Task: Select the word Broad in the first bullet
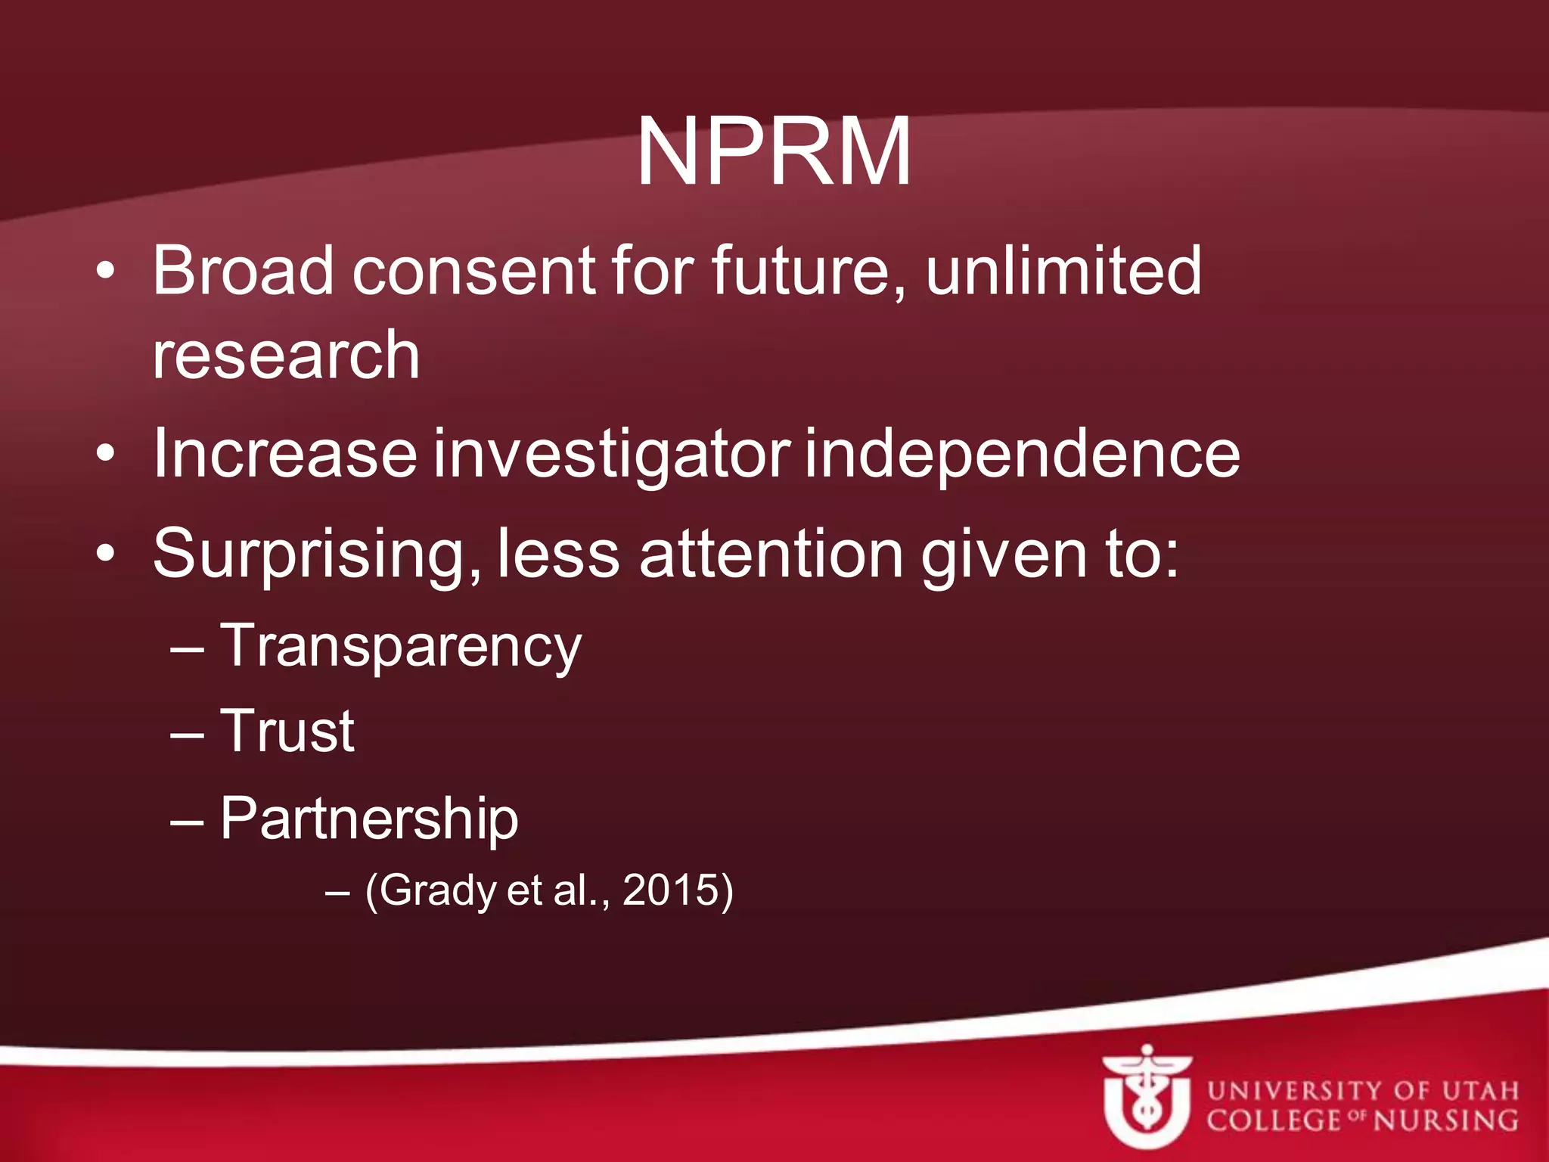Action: (243, 270)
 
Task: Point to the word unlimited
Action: (1063, 270)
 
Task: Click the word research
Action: (286, 356)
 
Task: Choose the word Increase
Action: (284, 454)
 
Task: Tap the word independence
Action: (1022, 454)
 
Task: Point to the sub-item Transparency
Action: (400, 648)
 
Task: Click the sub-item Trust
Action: (287, 732)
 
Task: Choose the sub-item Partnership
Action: (369, 819)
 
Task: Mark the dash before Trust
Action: (187, 734)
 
